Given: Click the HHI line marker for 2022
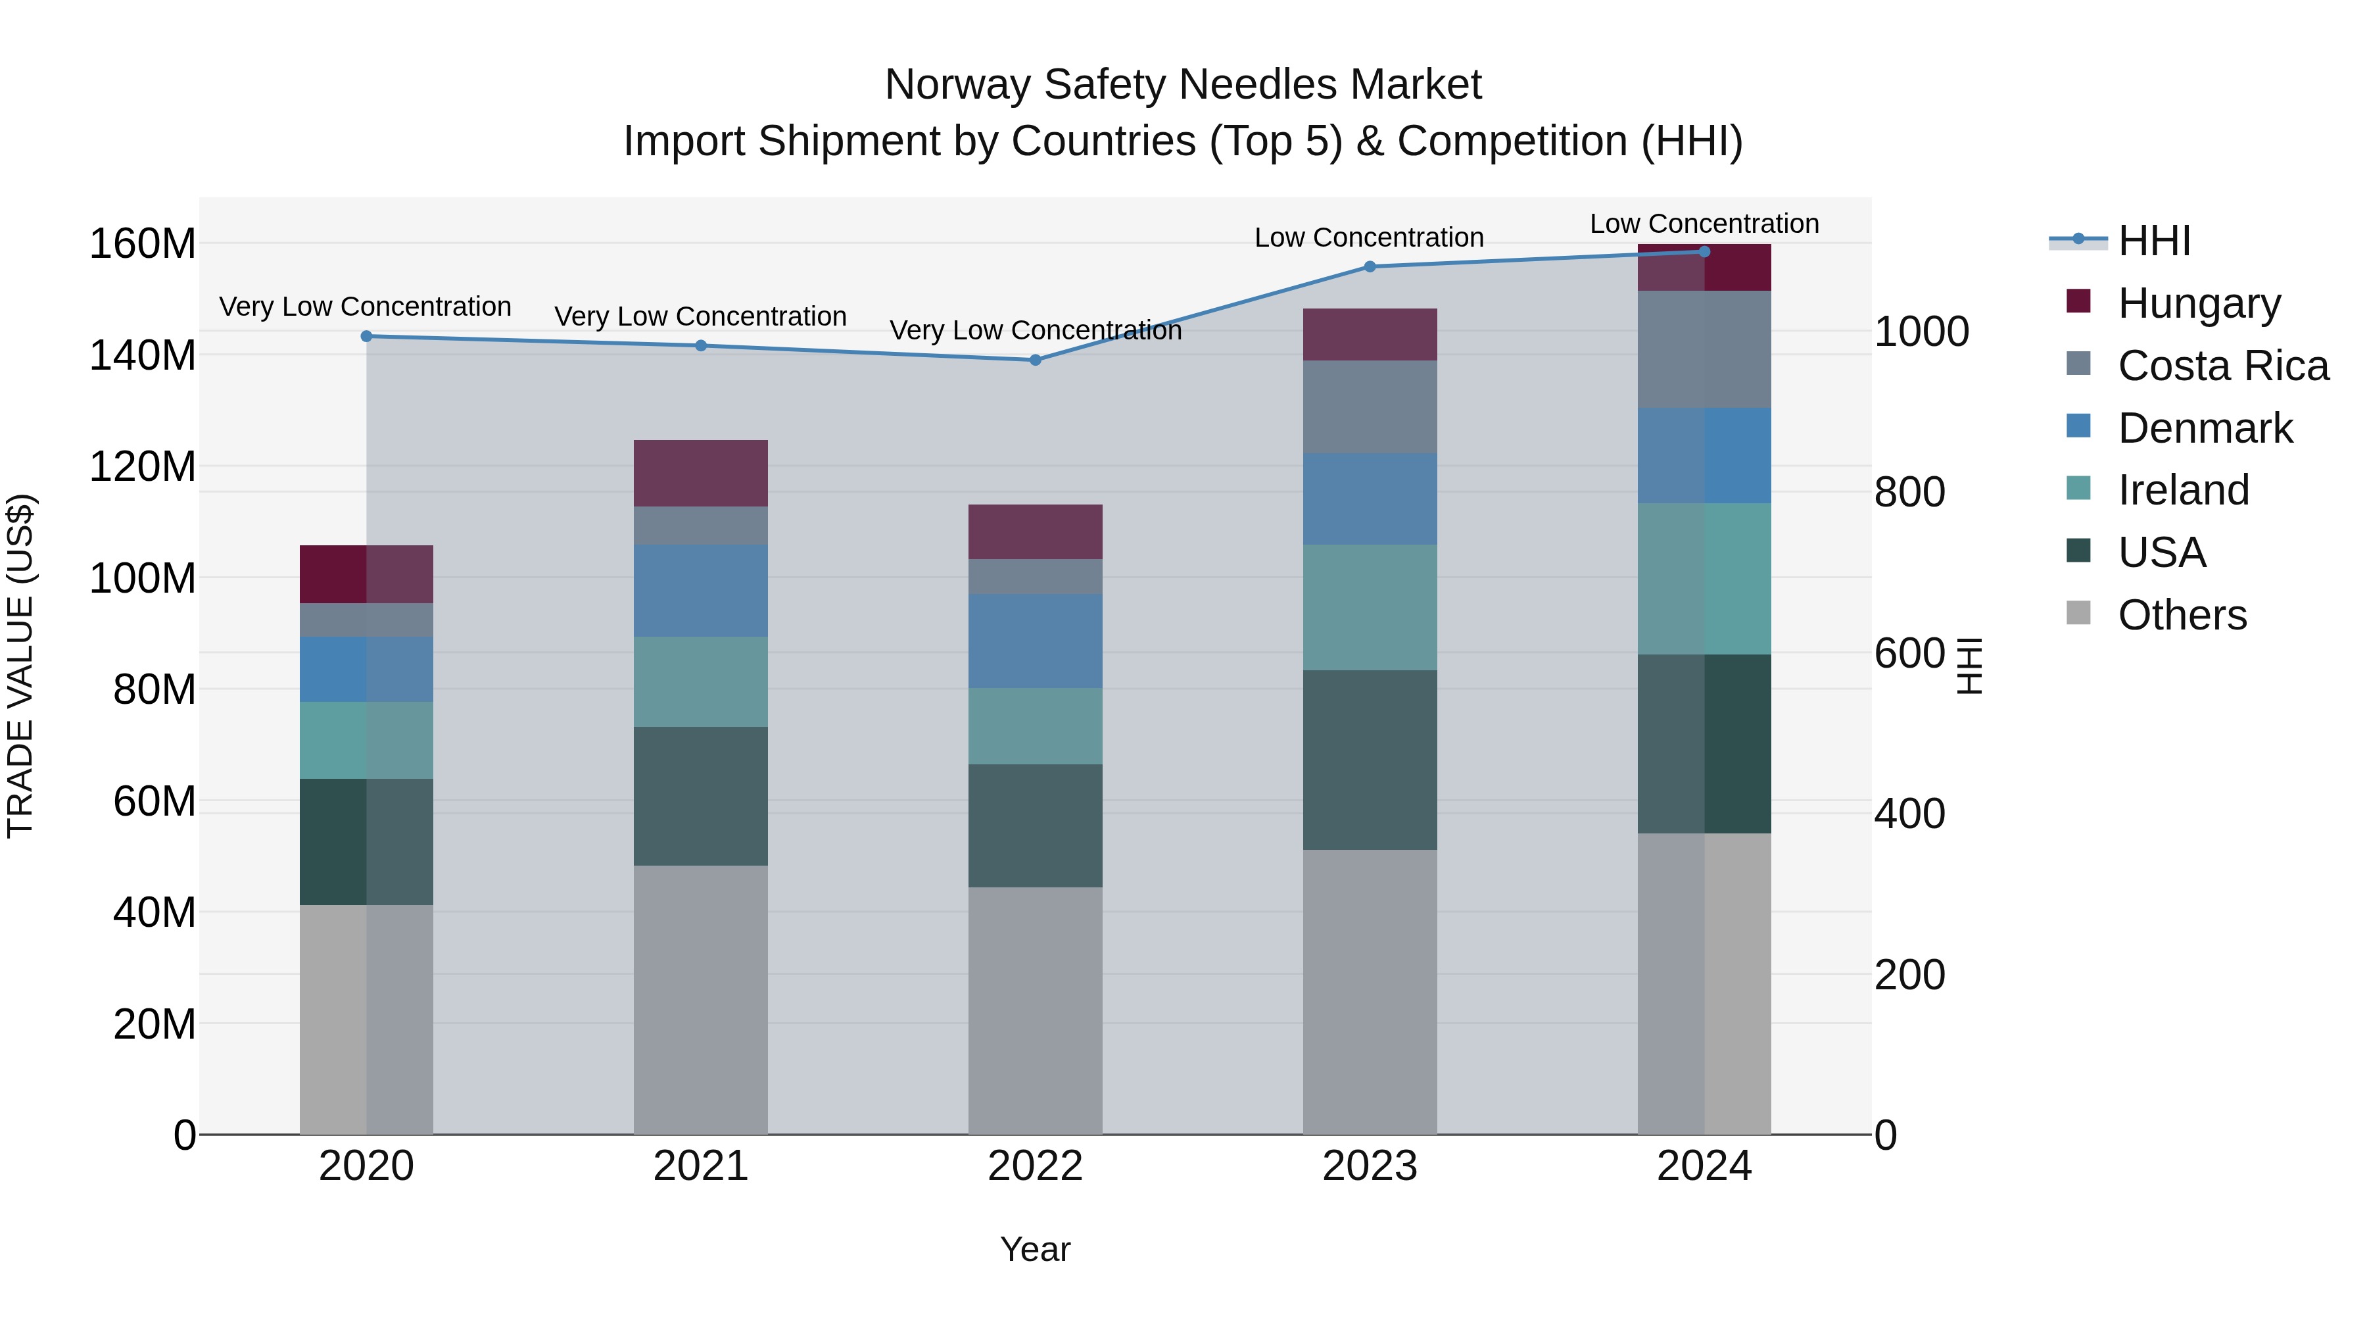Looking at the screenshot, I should (1035, 359).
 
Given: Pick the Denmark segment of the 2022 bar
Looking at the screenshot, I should (1035, 641).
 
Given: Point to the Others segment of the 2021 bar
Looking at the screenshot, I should (700, 999).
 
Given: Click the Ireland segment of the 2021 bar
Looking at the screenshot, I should (700, 681).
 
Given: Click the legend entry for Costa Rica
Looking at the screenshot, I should (2223, 366).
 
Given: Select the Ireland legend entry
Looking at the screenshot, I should (2183, 490).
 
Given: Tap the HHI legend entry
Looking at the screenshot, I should (2154, 241).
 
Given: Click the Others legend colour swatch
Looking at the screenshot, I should (2078, 613).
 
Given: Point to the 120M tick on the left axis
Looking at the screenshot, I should (143, 467).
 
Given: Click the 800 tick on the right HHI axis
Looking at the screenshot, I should (1909, 492).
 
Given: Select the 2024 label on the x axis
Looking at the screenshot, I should (1704, 1166).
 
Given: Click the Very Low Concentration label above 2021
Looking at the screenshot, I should (700, 316).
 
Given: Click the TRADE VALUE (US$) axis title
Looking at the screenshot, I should (20, 666).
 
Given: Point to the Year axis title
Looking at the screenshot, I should (1035, 1249).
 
